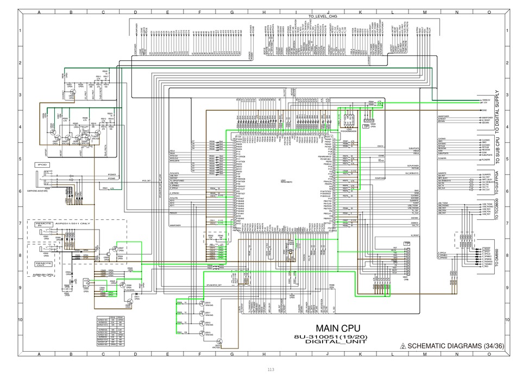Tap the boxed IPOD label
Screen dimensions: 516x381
(x=43, y=164)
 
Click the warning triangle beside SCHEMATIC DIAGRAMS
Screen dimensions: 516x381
(x=402, y=346)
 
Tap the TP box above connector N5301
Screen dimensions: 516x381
(x=407, y=244)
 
